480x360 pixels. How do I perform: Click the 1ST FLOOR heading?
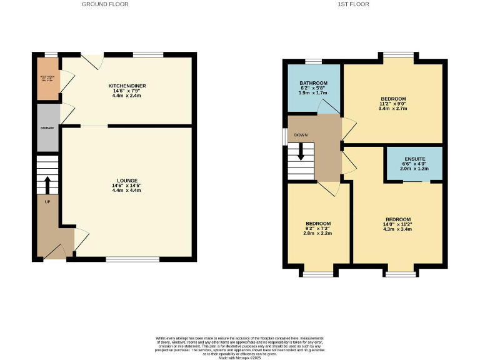354,4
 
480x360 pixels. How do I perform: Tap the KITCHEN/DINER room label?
126,86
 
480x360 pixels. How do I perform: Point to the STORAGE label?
47,127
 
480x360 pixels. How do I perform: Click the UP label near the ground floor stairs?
47,202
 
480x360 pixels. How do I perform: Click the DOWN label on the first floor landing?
301,134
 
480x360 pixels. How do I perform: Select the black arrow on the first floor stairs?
301,152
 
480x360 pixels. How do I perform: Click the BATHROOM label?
314,83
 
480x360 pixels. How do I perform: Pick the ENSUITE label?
414,159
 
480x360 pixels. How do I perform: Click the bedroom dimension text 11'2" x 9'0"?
393,104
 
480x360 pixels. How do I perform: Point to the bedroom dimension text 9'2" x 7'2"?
317,229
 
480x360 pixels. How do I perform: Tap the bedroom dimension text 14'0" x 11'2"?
397,224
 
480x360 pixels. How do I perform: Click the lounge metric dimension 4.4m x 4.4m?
126,190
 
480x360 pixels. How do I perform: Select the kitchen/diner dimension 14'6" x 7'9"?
126,91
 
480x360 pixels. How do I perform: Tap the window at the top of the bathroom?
312,61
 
